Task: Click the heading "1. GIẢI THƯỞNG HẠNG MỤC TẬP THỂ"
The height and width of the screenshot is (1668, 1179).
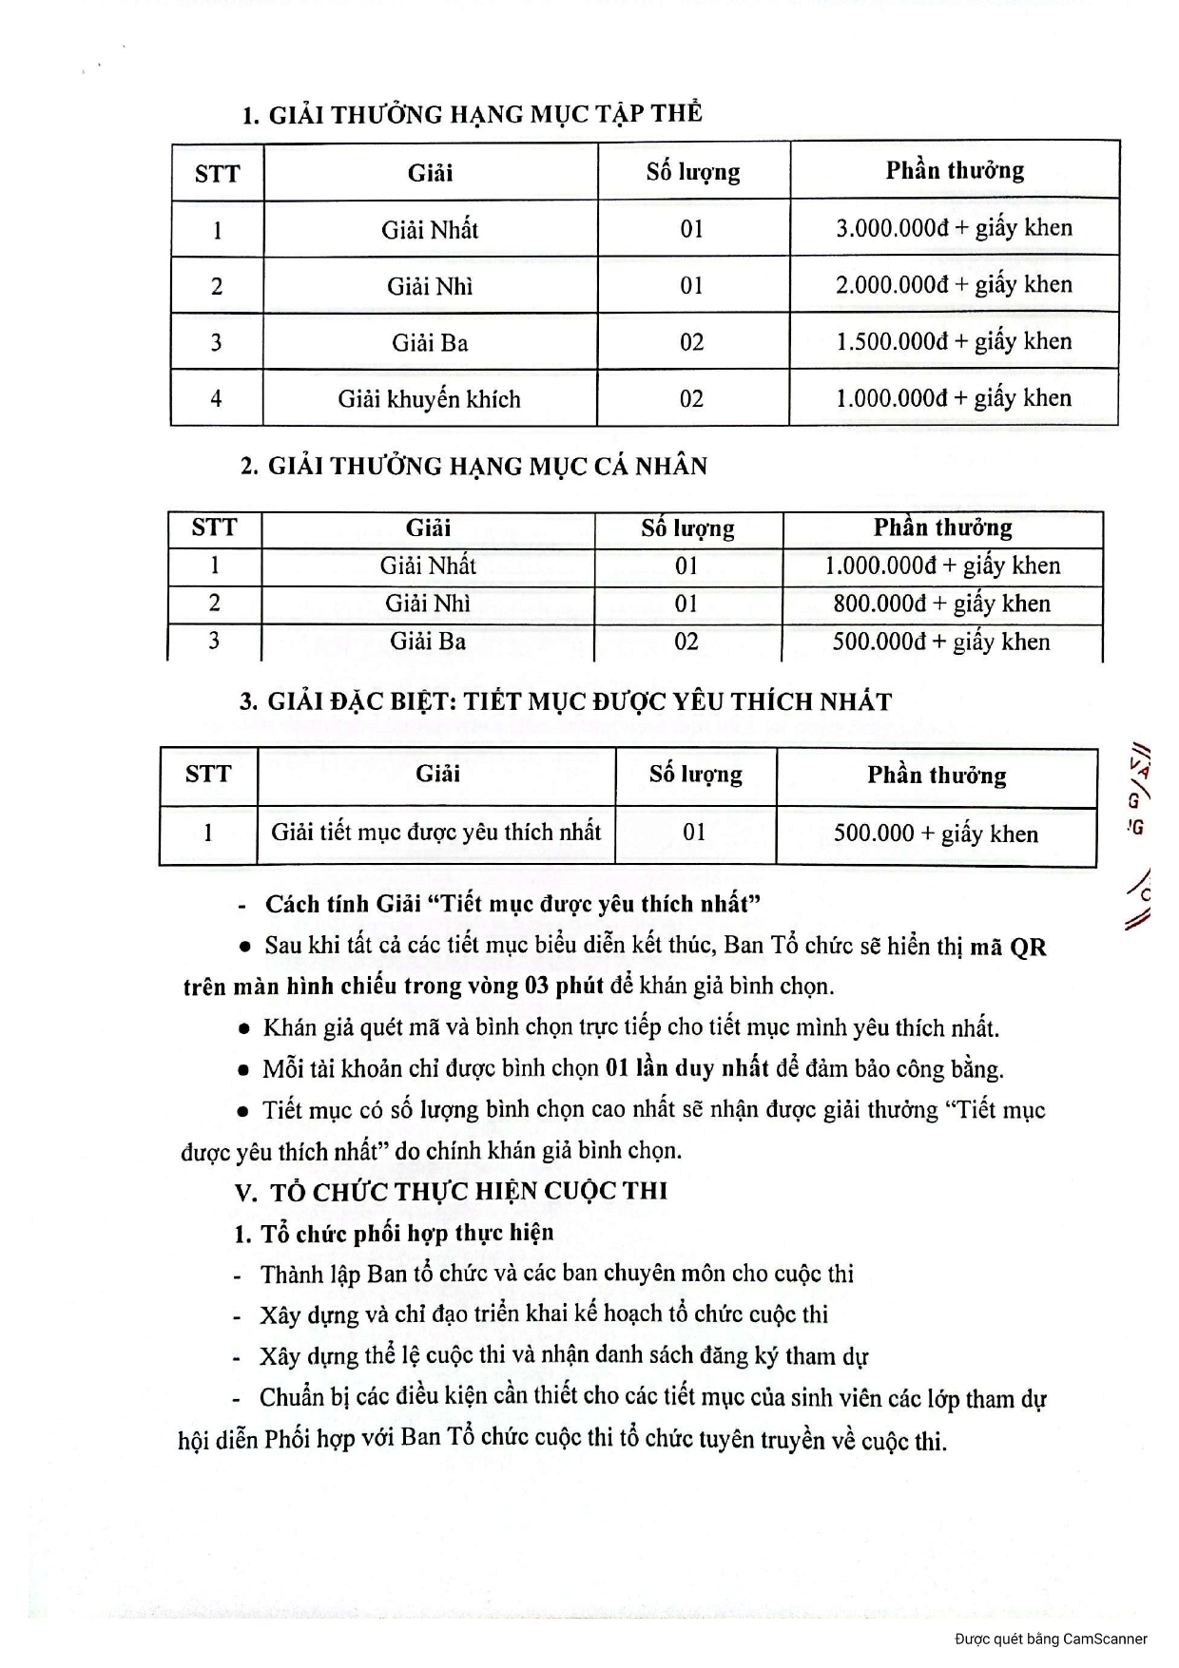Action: click(473, 114)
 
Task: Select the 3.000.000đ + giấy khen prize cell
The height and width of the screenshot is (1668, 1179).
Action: click(954, 228)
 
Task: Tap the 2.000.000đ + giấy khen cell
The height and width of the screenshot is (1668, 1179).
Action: click(954, 285)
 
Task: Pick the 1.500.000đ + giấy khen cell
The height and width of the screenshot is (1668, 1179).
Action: click(954, 342)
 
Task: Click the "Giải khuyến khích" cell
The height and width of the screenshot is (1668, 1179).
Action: click(429, 399)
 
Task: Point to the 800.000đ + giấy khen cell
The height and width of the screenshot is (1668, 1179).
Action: click(941, 604)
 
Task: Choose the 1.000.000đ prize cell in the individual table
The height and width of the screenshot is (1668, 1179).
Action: click(941, 566)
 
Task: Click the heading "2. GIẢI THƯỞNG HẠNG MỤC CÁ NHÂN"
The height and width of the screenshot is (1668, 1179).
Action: click(474, 466)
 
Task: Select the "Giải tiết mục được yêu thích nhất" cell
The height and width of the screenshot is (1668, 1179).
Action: click(435, 833)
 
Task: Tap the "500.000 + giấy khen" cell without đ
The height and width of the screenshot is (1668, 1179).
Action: click(936, 834)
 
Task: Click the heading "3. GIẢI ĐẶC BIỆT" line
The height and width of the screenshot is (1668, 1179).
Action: click(566, 701)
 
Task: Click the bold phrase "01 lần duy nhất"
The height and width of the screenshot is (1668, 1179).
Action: click(686, 1068)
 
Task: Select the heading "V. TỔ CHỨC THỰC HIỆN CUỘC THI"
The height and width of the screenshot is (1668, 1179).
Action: click(451, 1191)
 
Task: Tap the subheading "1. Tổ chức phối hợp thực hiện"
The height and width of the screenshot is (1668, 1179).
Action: click(394, 1233)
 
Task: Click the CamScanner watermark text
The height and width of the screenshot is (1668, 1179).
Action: click(1051, 1639)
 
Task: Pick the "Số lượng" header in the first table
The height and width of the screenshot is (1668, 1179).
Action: click(692, 172)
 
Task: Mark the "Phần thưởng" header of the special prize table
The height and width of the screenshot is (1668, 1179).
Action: click(936, 776)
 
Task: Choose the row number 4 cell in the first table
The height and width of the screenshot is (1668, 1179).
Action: click(217, 399)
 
